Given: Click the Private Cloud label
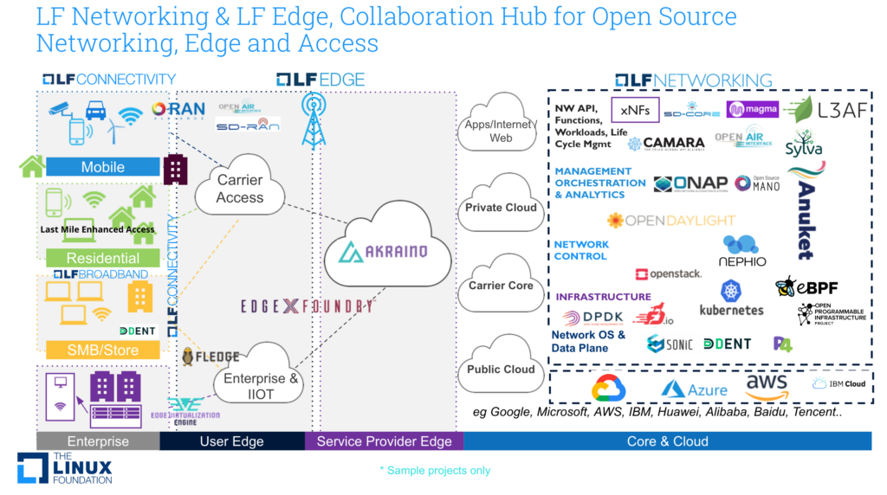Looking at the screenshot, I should (501, 208).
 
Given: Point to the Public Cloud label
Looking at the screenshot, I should (501, 369).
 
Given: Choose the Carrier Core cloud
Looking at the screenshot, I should (501, 286).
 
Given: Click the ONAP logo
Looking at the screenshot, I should (690, 183).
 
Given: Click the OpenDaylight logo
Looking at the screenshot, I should (671, 221).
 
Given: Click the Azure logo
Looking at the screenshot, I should (695, 389).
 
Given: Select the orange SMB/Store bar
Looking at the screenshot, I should (102, 350).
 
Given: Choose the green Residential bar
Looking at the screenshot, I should (102, 258).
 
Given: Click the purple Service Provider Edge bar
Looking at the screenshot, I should (384, 441).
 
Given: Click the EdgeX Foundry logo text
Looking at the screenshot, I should (308, 305).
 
